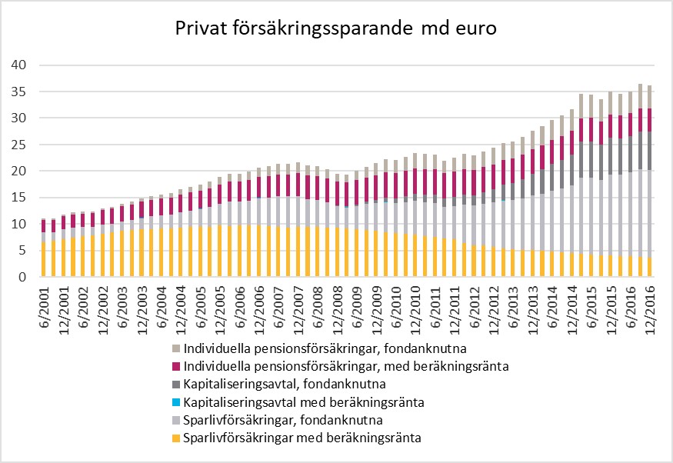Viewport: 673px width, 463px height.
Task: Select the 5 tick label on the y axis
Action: (x=24, y=250)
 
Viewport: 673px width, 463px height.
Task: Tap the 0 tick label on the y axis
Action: (x=24, y=277)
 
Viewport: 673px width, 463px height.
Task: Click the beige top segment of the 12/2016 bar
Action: (x=650, y=97)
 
